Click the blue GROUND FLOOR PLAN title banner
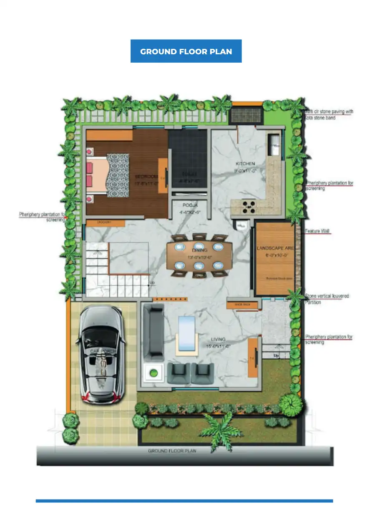point(186,51)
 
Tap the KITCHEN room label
point(245,164)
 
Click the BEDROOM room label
point(146,177)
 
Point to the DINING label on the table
point(199,250)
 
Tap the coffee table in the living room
point(186,333)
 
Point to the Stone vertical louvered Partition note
point(327,299)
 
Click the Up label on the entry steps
point(276,355)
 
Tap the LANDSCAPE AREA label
point(275,248)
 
